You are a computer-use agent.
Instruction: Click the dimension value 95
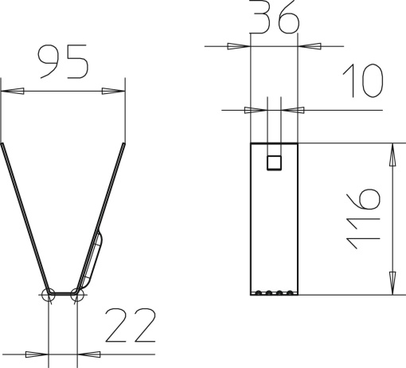click(63, 63)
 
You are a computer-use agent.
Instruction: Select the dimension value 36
click(274, 18)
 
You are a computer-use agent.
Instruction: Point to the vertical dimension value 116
click(365, 218)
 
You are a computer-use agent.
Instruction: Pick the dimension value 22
click(130, 326)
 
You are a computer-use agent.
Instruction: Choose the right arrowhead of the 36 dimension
click(310, 46)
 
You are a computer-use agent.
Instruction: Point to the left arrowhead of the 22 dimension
click(37, 353)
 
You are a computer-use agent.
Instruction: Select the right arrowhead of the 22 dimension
click(88, 353)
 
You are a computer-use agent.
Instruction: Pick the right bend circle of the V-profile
click(77, 295)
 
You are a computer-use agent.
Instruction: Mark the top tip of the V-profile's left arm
click(2, 145)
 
